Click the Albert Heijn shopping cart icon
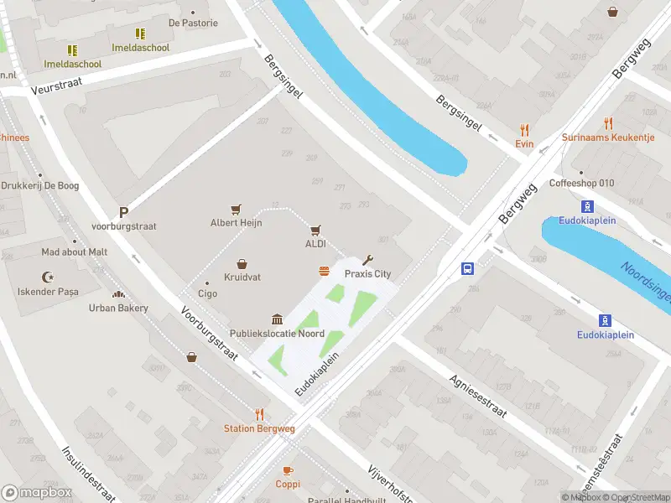tap(237, 209)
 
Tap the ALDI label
tap(315, 244)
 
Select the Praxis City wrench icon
tap(367, 260)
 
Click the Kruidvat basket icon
tap(242, 263)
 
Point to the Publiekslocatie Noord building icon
tap(277, 319)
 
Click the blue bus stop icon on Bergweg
tap(467, 269)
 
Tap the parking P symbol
tap(123, 213)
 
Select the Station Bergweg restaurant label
tap(259, 428)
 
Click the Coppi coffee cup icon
tap(288, 471)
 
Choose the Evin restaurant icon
tap(525, 130)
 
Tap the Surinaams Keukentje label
tap(608, 137)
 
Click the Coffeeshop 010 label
tap(582, 184)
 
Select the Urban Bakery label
tap(118, 308)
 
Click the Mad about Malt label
tap(75, 251)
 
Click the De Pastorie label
tap(193, 23)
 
